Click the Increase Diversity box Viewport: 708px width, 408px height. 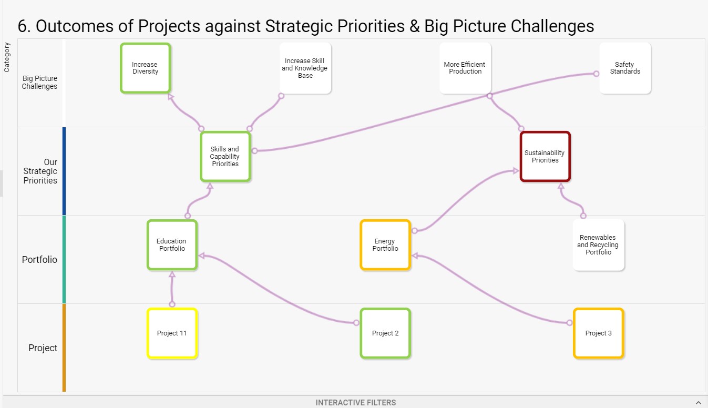coord(145,68)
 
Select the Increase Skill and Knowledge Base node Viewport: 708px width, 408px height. coord(305,68)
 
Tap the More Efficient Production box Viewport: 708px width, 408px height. coord(465,68)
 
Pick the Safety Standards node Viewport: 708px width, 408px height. coord(625,68)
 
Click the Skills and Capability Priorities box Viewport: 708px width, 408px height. coord(225,157)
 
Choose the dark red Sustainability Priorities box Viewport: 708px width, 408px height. coord(545,157)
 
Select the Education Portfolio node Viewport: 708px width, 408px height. coord(172,245)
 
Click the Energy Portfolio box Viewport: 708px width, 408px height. coord(385,245)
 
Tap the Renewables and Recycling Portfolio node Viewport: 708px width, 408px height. coord(598,245)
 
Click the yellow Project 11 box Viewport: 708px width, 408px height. coord(172,333)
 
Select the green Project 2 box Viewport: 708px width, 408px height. coord(385,333)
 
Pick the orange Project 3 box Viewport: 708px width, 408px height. coord(598,333)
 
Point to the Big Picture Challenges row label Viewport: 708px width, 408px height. coord(40,83)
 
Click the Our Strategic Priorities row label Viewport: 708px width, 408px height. coord(40,171)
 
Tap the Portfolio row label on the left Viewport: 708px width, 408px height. coord(39,260)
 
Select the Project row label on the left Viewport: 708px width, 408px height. coord(43,348)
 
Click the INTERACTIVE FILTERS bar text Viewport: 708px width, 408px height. coord(356,403)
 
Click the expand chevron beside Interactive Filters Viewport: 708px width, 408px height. coord(699,403)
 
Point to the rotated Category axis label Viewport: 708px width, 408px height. coord(7,57)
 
